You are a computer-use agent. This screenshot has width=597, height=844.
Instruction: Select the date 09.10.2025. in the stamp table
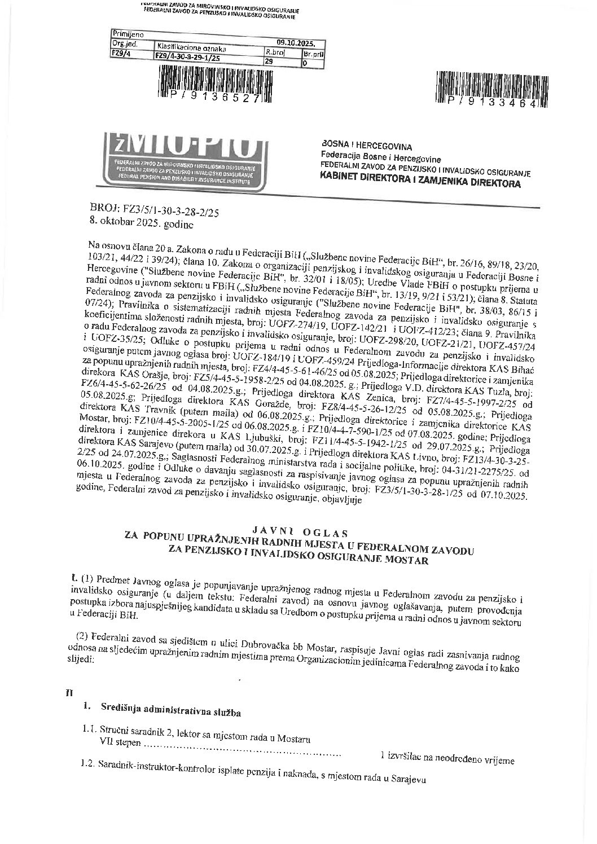300,42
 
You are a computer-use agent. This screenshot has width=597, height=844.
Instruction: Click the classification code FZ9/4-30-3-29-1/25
188,57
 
